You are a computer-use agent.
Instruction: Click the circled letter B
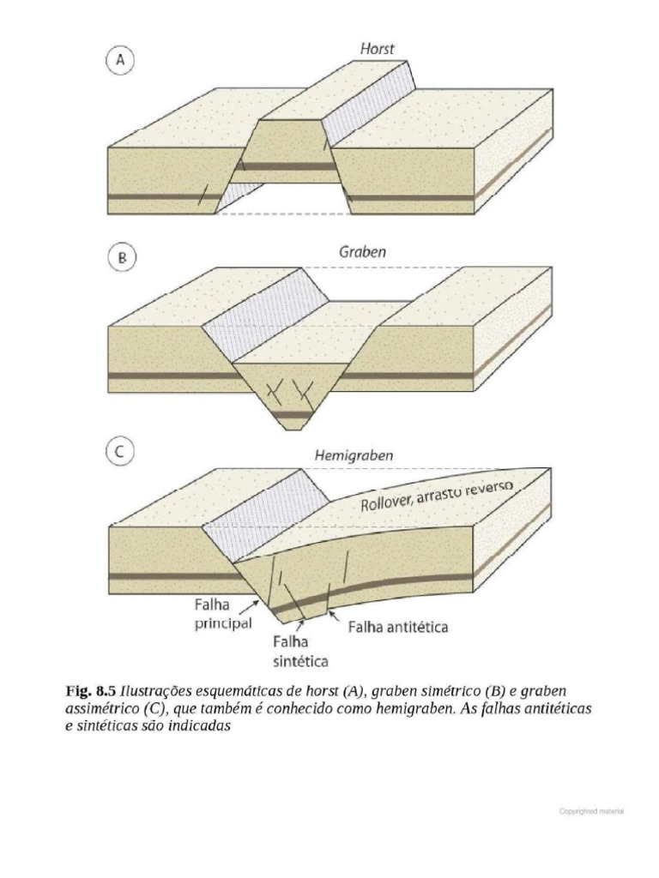click(x=121, y=259)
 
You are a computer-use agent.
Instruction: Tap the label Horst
click(x=377, y=49)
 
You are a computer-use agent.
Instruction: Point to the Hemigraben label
click(x=354, y=456)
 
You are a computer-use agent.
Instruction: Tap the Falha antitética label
click(x=397, y=627)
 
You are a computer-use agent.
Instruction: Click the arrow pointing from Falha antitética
click(x=335, y=618)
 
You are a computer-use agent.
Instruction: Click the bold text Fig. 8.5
click(x=91, y=690)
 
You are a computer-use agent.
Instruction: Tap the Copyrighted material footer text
click(x=590, y=809)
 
